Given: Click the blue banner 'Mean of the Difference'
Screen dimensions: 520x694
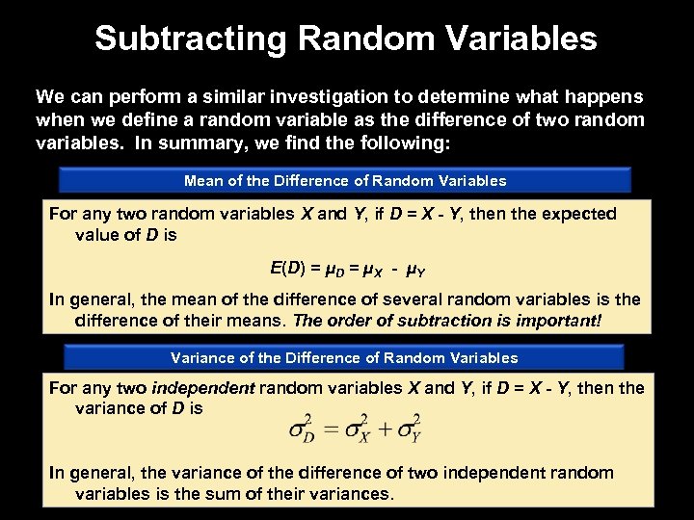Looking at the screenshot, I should [x=345, y=180].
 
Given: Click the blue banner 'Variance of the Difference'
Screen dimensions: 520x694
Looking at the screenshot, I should [x=344, y=357].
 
